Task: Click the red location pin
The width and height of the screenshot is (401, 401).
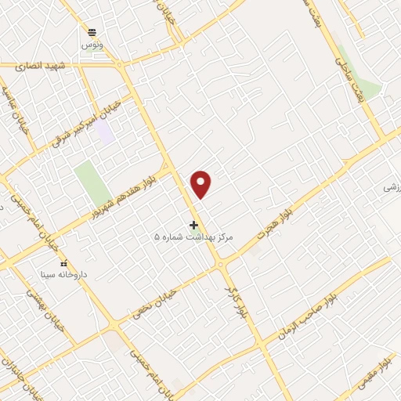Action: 202,184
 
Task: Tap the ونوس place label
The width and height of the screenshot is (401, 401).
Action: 92,45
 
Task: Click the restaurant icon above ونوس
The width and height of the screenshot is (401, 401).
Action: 92,32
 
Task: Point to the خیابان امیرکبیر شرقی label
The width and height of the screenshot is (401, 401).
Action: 85,124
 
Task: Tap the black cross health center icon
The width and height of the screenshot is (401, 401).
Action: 193,225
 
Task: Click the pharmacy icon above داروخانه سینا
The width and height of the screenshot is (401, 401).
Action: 64,263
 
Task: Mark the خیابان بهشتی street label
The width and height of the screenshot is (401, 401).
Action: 36,301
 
